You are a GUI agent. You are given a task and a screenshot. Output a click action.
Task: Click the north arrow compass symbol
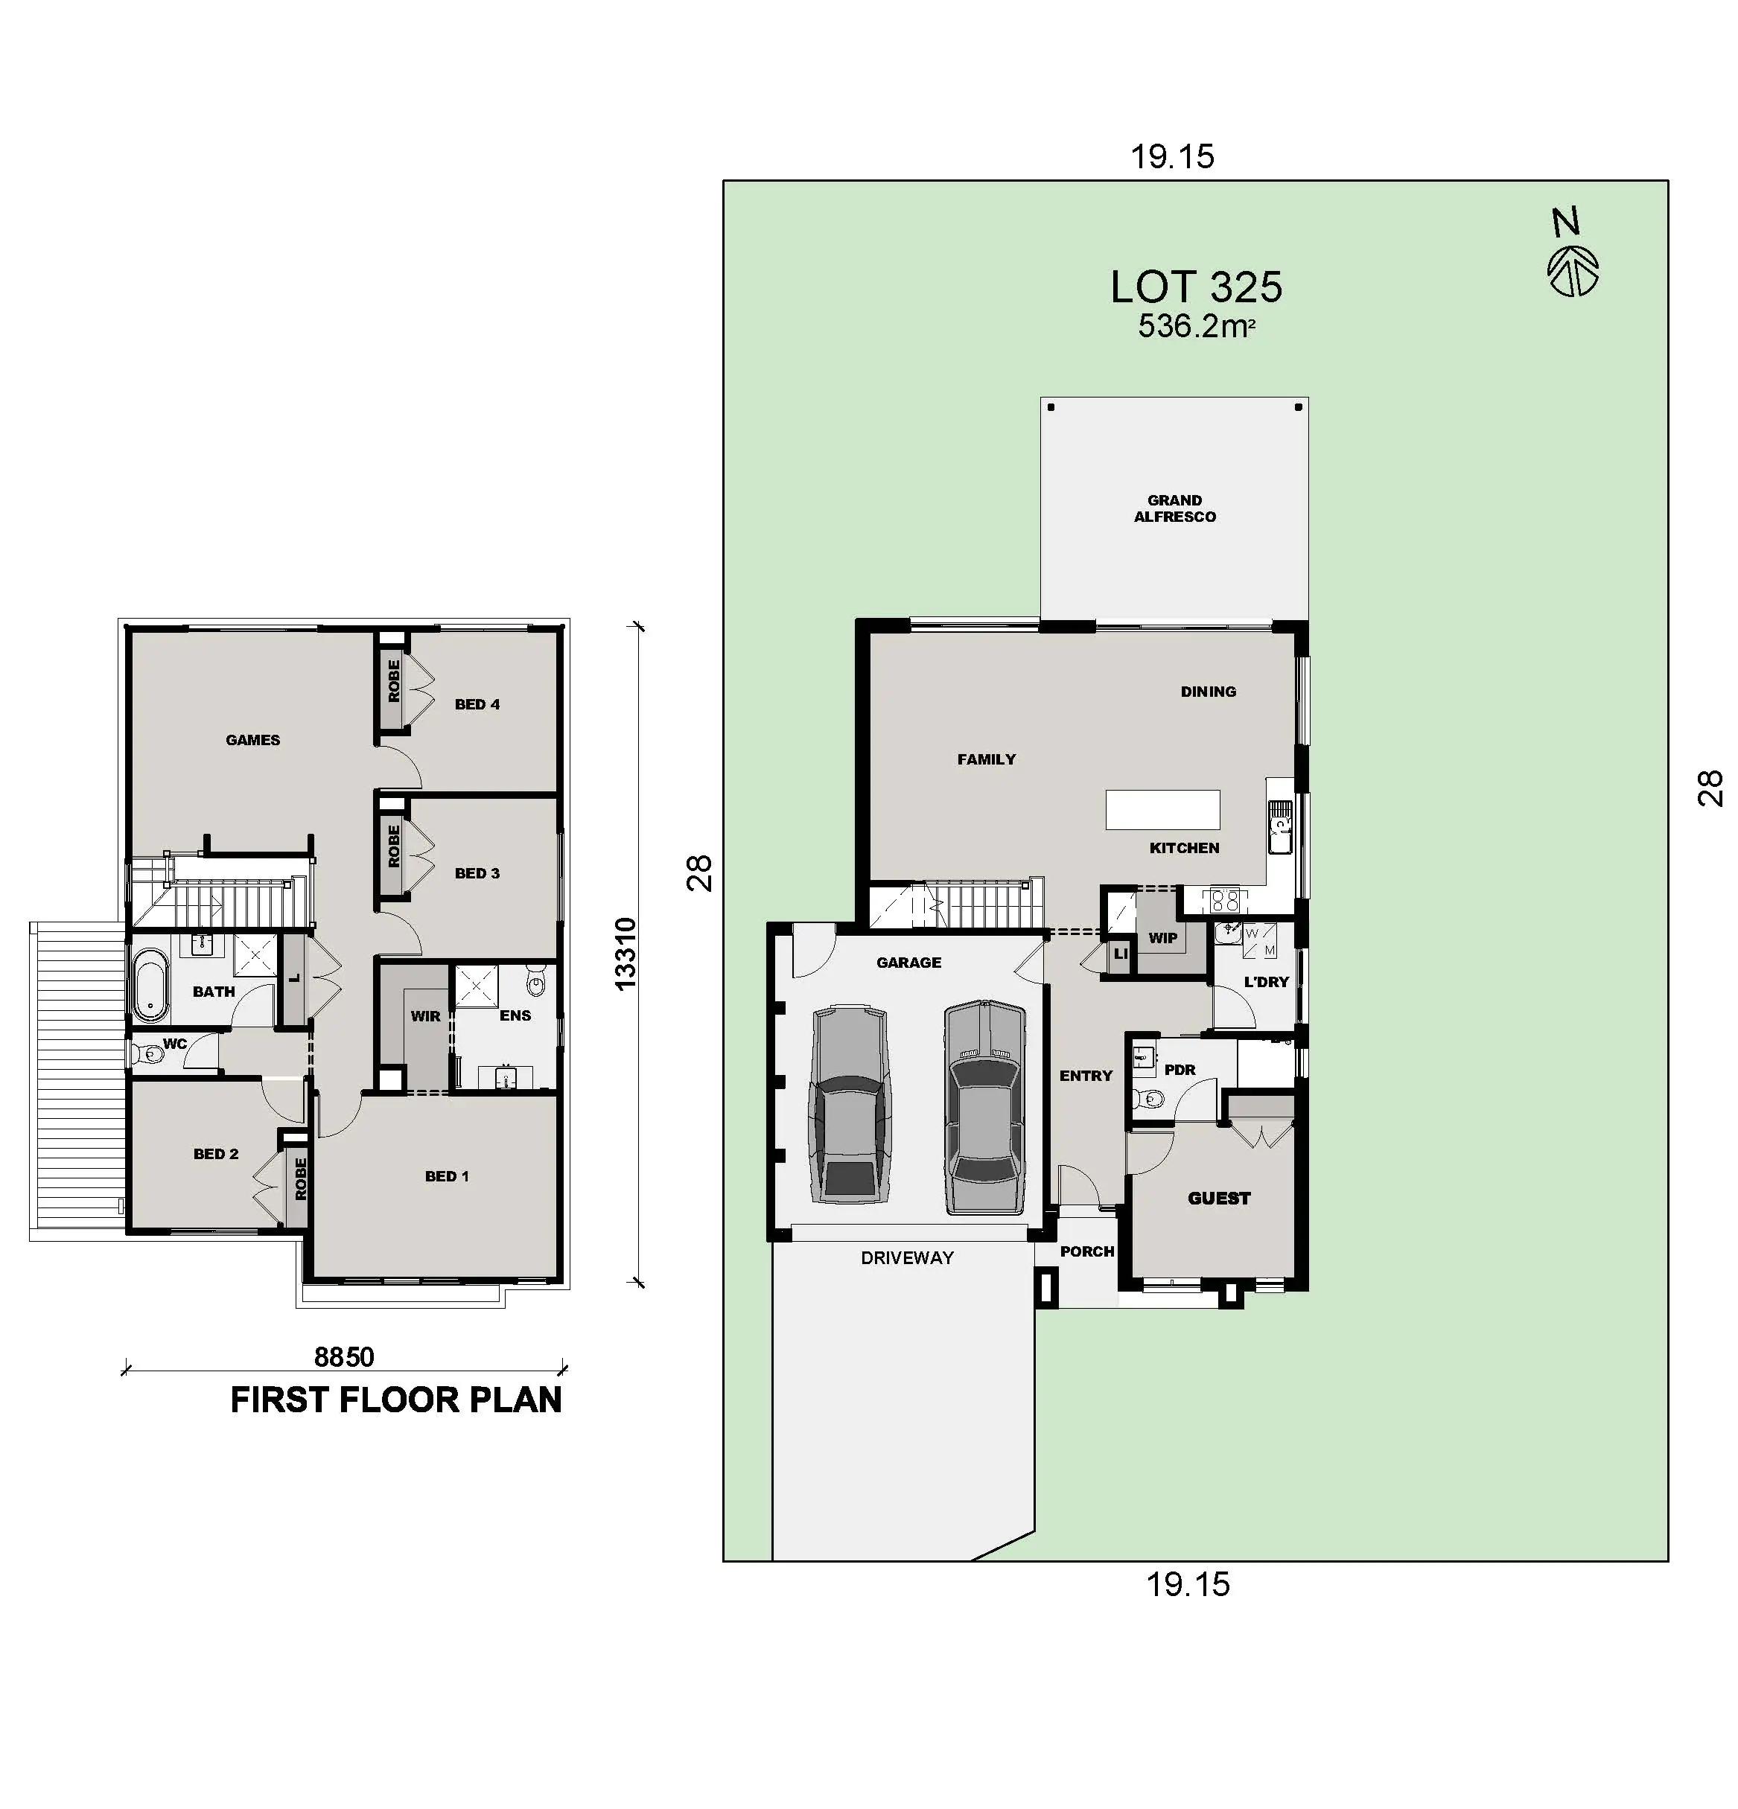pyautogui.click(x=1572, y=270)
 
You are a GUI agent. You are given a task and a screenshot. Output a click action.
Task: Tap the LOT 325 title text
pyautogui.click(x=1195, y=287)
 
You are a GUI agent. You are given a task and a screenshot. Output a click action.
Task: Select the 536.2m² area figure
pyautogui.click(x=1195, y=326)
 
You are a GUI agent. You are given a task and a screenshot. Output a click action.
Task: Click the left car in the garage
pyautogui.click(x=849, y=1105)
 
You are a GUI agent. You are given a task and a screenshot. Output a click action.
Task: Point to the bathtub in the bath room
pyautogui.click(x=150, y=989)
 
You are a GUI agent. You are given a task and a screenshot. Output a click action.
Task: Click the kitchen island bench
pyautogui.click(x=1162, y=809)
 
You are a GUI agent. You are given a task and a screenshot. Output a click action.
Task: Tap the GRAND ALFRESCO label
pyautogui.click(x=1174, y=508)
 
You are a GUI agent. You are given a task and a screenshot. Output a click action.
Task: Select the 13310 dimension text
pyautogui.click(x=625, y=954)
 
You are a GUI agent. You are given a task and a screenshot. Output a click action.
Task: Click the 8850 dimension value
pyautogui.click(x=343, y=1356)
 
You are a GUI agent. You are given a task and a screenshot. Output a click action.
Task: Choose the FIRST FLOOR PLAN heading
pyautogui.click(x=396, y=1400)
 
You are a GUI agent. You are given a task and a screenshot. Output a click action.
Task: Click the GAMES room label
pyautogui.click(x=253, y=739)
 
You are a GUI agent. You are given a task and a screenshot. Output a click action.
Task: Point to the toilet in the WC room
pyautogui.click(x=147, y=1053)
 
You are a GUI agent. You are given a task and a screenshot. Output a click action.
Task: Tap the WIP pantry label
pyautogui.click(x=1163, y=938)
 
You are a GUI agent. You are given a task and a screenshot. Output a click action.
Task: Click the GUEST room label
pyautogui.click(x=1219, y=1198)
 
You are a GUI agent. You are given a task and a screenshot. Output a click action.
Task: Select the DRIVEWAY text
pyautogui.click(x=906, y=1257)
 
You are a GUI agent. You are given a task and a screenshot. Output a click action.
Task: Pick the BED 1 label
pyautogui.click(x=447, y=1176)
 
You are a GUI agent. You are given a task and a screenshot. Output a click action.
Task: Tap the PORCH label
pyautogui.click(x=1087, y=1251)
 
